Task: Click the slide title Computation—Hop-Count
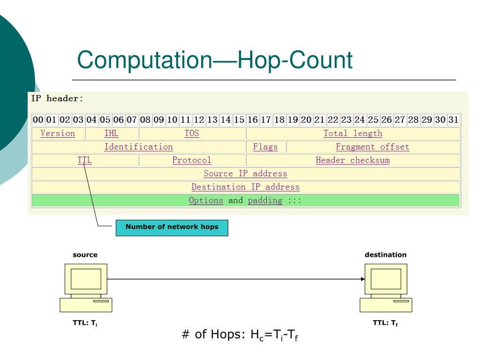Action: point(215,60)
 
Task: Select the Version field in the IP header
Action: point(58,134)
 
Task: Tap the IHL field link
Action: point(112,134)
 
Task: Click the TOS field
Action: point(192,134)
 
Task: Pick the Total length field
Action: point(352,134)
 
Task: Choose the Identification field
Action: point(138,147)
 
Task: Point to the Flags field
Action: point(265,147)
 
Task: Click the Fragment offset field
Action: point(372,147)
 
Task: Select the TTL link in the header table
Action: point(84,160)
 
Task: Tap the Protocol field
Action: point(192,160)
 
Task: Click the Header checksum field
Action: point(352,160)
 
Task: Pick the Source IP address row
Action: point(245,174)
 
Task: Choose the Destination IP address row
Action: point(245,187)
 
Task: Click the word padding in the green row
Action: point(265,201)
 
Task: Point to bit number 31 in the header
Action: point(453,120)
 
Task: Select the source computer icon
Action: point(86,287)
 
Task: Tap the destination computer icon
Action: point(385,287)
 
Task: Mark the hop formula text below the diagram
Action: point(240,336)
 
